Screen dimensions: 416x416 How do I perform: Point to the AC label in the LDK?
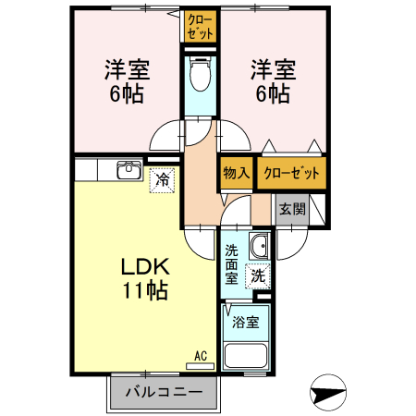tap(201, 355)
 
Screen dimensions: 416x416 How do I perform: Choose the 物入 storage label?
tap(237, 173)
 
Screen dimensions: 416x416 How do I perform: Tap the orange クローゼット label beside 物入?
tap(291, 173)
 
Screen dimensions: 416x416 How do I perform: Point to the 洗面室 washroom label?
tap(231, 263)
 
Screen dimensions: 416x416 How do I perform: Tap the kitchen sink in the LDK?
tap(128, 171)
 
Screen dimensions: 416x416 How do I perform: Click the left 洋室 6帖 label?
tap(127, 81)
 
